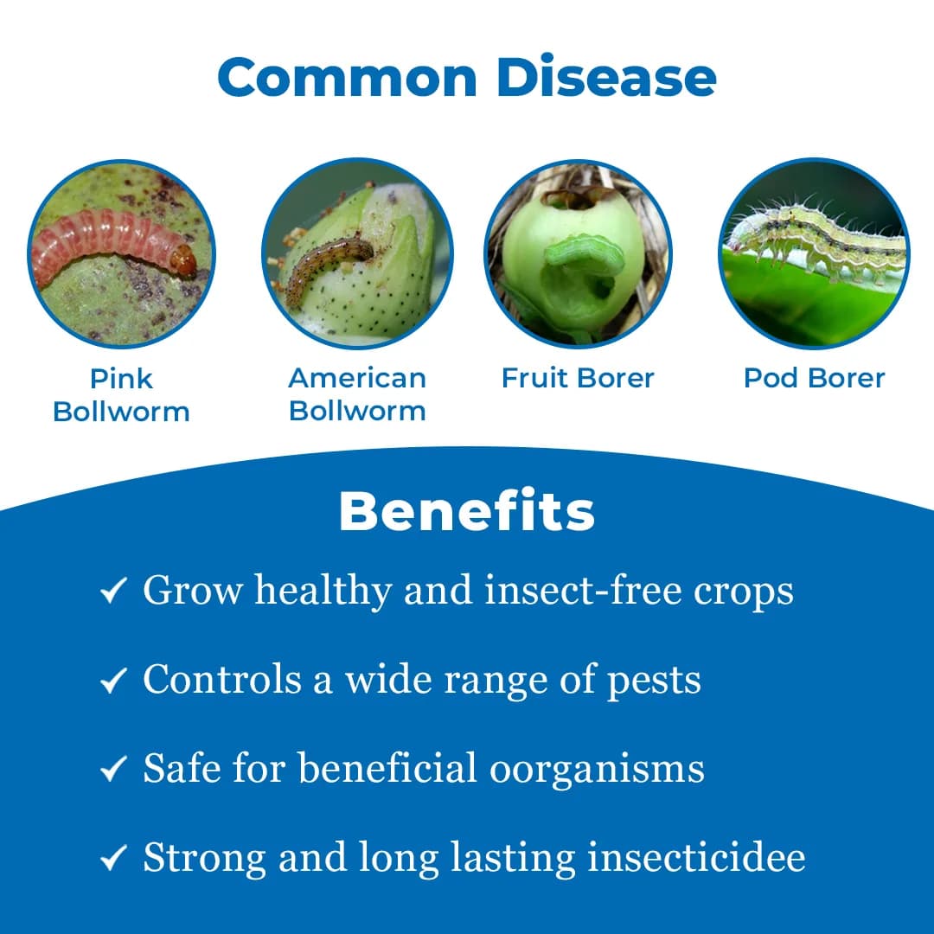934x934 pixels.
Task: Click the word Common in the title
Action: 348,78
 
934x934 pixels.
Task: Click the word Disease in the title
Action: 606,78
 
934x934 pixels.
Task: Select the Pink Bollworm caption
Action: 122,395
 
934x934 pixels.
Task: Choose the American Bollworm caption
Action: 357,394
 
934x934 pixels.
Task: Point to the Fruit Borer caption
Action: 578,378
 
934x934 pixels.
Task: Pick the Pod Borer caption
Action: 815,378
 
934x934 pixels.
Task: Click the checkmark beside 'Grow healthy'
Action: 113,591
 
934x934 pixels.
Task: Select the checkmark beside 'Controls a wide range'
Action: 113,680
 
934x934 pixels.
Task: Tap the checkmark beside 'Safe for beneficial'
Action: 113,768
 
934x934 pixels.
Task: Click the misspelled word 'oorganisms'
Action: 597,770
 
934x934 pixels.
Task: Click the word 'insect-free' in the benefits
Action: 583,590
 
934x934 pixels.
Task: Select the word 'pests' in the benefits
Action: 654,681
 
